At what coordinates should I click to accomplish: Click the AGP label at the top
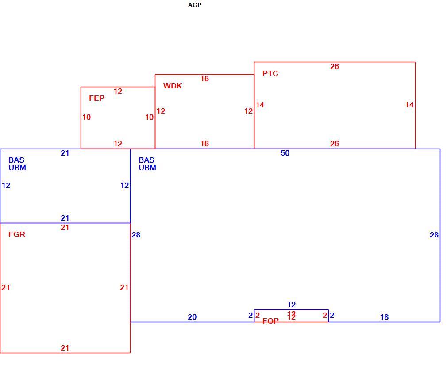click(x=195, y=5)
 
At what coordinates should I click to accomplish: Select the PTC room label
click(x=270, y=73)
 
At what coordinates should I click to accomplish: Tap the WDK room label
click(x=173, y=86)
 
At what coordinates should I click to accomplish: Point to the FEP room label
click(x=96, y=98)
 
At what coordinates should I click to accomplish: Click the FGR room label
click(x=17, y=234)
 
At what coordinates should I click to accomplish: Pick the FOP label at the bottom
click(x=270, y=321)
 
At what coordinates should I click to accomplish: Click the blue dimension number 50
click(x=285, y=153)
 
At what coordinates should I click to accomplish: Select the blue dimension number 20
click(x=192, y=317)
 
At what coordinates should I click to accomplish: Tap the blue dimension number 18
click(x=384, y=317)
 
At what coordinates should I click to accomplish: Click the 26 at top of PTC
click(x=335, y=66)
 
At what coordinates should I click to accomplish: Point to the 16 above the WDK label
click(x=204, y=79)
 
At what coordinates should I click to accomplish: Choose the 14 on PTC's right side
click(x=410, y=105)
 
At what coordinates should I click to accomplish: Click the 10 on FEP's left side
click(x=87, y=117)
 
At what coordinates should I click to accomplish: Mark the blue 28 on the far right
click(x=434, y=235)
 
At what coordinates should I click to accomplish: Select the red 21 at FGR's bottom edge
click(x=65, y=348)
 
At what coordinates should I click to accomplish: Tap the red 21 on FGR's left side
click(x=6, y=287)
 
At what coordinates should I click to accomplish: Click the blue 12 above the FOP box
click(x=291, y=305)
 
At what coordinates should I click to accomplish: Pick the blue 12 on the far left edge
click(x=6, y=185)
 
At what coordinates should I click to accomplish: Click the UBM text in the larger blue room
click(x=147, y=168)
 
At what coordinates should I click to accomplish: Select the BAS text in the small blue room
click(x=16, y=160)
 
